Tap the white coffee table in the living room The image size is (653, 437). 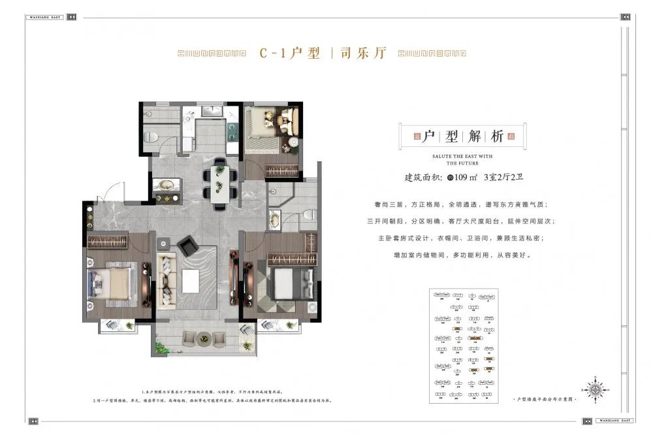point(191,281)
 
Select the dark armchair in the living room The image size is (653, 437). point(189,246)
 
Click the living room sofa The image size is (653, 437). point(167,281)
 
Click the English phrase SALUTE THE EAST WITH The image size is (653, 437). point(462,157)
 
